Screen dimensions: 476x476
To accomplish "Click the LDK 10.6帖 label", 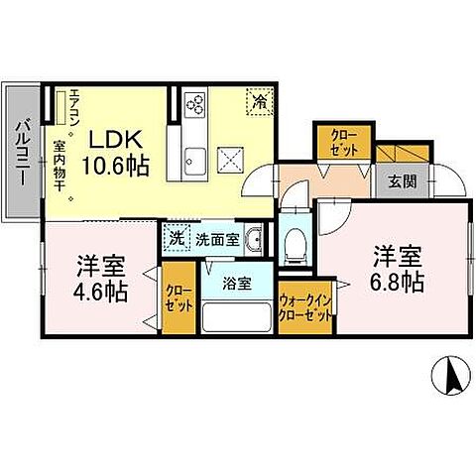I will (x=122, y=151).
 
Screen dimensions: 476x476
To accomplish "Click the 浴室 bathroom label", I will (x=236, y=283).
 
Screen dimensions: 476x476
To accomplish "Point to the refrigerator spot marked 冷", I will (x=259, y=100).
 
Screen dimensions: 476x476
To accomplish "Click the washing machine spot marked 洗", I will (x=175, y=239).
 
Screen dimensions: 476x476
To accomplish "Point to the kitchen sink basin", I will (x=193, y=157).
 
